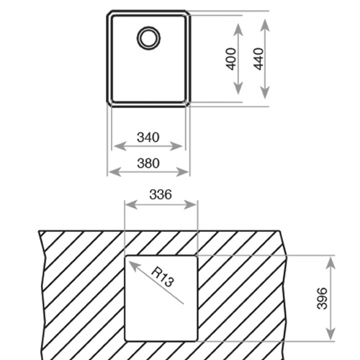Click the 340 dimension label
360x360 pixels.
point(148,138)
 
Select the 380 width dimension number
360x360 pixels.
point(148,163)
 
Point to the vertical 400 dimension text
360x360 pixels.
point(231,59)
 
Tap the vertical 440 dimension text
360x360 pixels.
point(258,59)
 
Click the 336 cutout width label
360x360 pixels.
point(161,194)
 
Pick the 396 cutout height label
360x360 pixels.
point(322,298)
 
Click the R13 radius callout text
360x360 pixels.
point(163,277)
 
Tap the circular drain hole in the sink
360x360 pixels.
point(148,38)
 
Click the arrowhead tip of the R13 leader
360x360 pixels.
point(130,261)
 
